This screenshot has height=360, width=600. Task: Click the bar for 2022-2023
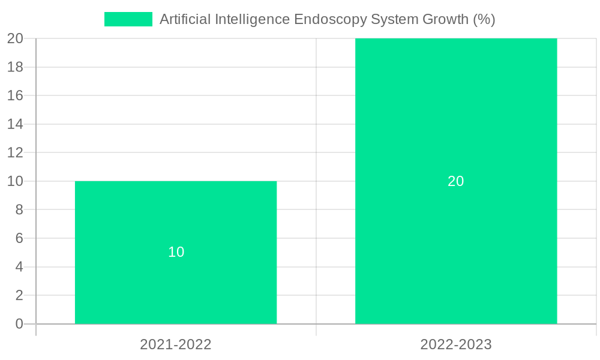coord(456,120)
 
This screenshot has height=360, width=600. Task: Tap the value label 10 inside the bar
coord(176,252)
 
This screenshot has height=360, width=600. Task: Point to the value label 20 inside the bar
coord(456,181)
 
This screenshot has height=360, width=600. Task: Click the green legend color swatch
coord(128,19)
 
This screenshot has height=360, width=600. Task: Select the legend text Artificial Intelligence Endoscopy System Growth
coord(327,19)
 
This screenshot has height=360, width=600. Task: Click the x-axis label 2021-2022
coord(176,344)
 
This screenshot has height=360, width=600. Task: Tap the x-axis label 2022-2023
coord(456,344)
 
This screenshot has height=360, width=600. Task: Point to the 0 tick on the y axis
coord(19,324)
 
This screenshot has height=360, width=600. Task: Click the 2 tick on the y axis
coord(19,295)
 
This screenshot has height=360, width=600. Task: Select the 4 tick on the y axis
coord(19,267)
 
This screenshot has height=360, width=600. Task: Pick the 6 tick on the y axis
coord(19,238)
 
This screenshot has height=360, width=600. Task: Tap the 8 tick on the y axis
coord(19,210)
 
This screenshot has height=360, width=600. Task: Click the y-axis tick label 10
coord(15,181)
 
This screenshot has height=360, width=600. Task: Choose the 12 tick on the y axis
coord(15,152)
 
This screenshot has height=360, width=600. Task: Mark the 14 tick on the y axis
coord(15,124)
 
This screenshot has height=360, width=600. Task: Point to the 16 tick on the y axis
coord(15,95)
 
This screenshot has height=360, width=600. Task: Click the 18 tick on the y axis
coord(15,67)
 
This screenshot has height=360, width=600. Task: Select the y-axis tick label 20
coord(15,38)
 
